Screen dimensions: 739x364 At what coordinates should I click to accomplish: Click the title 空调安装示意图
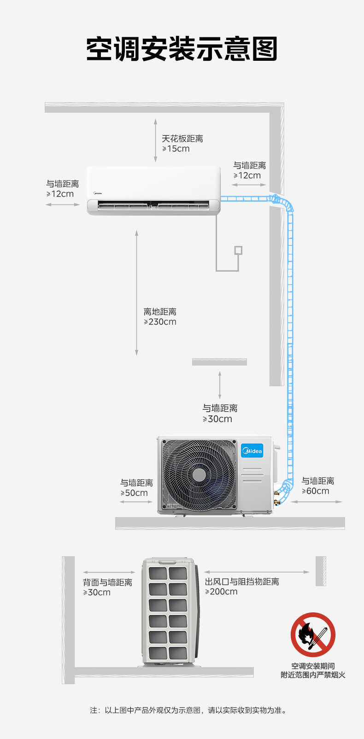click(x=182, y=49)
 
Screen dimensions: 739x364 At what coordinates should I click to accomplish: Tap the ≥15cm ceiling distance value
click(x=176, y=149)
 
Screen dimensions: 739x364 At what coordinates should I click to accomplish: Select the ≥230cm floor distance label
click(x=160, y=322)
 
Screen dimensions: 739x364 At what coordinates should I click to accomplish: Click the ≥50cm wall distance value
click(x=134, y=493)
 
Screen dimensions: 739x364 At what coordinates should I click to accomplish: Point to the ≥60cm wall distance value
click(x=316, y=491)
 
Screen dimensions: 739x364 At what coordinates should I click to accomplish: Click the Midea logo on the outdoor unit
click(x=252, y=451)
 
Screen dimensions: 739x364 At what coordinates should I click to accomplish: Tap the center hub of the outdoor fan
click(x=199, y=475)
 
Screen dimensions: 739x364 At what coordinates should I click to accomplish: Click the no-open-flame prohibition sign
click(x=313, y=634)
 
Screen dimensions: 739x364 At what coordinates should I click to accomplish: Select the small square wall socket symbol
click(x=238, y=250)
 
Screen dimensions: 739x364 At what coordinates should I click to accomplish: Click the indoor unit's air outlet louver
click(x=153, y=205)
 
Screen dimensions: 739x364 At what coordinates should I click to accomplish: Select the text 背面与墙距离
click(x=107, y=582)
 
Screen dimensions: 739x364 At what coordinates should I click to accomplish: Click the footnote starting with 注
click(x=188, y=710)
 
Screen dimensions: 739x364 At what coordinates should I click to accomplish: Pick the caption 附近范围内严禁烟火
click(x=313, y=675)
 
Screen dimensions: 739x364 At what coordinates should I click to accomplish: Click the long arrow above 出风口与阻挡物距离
click(x=257, y=572)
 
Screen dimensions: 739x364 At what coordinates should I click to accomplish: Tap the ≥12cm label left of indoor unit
click(x=60, y=194)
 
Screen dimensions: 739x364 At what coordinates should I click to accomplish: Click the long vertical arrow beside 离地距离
click(x=136, y=293)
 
